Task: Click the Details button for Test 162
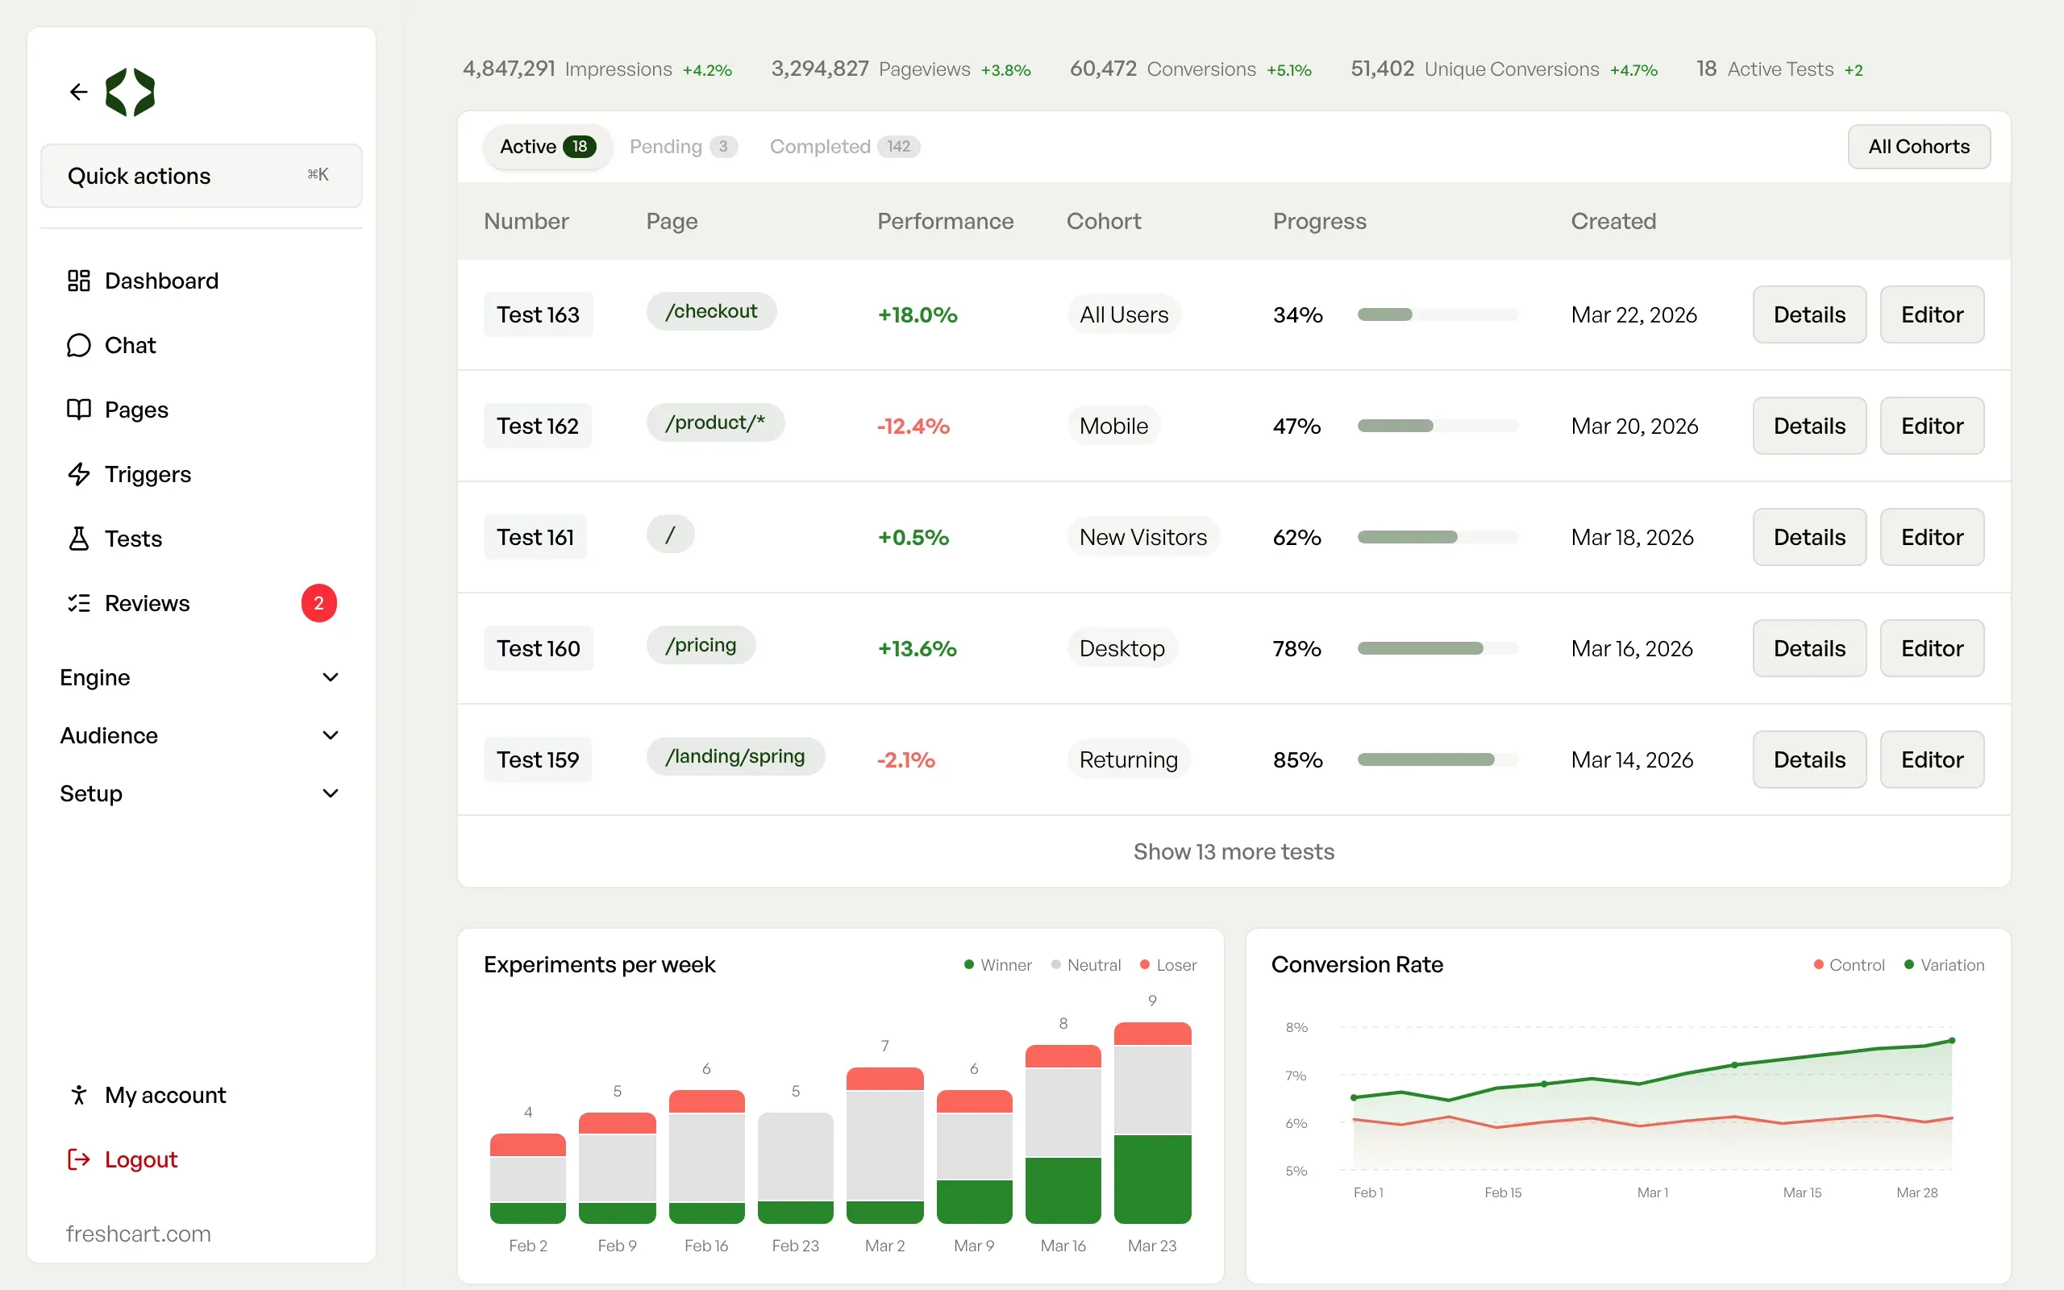(1809, 426)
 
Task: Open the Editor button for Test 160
(1932, 648)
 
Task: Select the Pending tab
(683, 147)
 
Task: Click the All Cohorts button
(1919, 147)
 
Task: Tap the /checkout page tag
(711, 311)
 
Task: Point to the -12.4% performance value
(913, 426)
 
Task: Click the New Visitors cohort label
(1143, 538)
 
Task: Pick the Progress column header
(1319, 221)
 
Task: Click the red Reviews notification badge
(319, 603)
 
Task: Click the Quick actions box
(202, 176)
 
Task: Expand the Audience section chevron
(331, 735)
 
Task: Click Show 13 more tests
(1234, 851)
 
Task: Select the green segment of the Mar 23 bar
(1152, 1179)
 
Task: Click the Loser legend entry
(1168, 965)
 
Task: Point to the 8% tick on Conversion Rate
(1296, 1027)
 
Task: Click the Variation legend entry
(1945, 965)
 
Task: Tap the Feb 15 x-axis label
(1503, 1192)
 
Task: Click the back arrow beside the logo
(78, 91)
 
